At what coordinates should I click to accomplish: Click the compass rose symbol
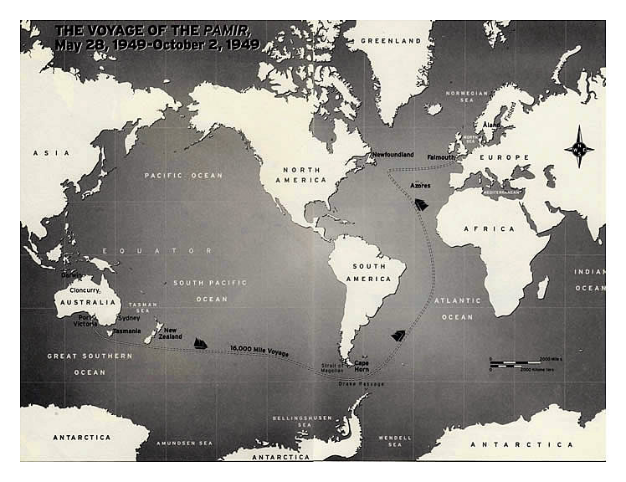click(x=578, y=147)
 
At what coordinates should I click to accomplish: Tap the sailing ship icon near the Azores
click(x=421, y=203)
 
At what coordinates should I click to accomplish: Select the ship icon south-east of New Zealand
click(x=201, y=343)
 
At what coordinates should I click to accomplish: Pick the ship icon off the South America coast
click(x=398, y=336)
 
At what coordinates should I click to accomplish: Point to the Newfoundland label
click(x=393, y=155)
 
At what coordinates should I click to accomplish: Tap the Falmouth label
click(x=441, y=156)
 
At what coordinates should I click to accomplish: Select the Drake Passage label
click(x=362, y=383)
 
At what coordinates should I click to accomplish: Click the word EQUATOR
click(x=158, y=250)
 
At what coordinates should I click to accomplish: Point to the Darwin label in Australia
click(x=72, y=274)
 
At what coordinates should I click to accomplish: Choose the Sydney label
click(x=130, y=318)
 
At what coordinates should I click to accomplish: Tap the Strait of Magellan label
click(x=331, y=369)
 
